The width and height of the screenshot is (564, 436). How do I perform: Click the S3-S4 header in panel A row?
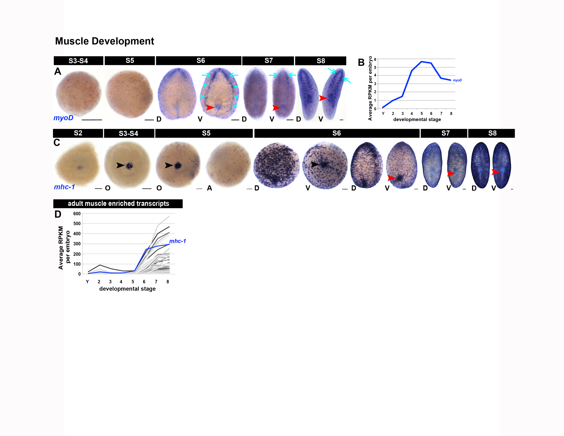pyautogui.click(x=78, y=61)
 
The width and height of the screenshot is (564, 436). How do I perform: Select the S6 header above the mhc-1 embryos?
pyautogui.click(x=337, y=133)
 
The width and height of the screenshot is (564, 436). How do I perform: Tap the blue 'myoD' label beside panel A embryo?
pyautogui.click(x=63, y=118)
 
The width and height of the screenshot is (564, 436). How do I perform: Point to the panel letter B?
pyautogui.click(x=361, y=63)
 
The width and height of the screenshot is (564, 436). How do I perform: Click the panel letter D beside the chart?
pyautogui.click(x=58, y=214)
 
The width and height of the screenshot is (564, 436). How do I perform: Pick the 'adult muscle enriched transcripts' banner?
pyautogui.click(x=118, y=203)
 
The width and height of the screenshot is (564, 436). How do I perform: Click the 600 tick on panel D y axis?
pyautogui.click(x=77, y=214)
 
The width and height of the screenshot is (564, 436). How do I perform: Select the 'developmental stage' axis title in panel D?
pyautogui.click(x=127, y=289)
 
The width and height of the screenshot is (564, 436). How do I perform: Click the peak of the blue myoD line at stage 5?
pyautogui.click(x=421, y=62)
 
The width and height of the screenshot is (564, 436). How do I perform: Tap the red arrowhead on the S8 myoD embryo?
pyautogui.click(x=323, y=98)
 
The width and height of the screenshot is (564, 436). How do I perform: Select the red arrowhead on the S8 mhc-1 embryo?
pyautogui.click(x=495, y=172)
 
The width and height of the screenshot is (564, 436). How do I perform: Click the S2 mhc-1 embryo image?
pyautogui.click(x=77, y=165)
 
